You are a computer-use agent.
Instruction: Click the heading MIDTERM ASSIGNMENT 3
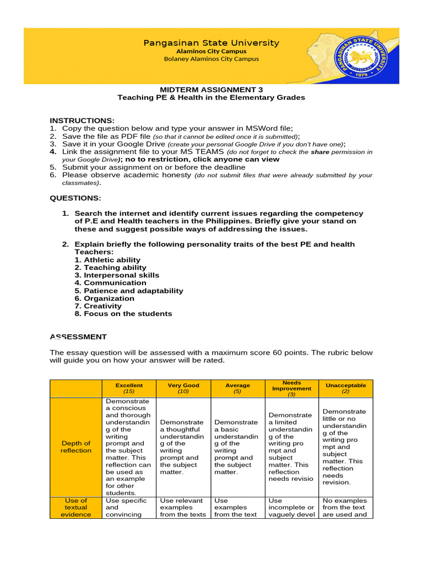tap(211, 89)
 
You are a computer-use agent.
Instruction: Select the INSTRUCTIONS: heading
tap(82, 120)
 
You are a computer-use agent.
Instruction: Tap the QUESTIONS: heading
tap(75, 198)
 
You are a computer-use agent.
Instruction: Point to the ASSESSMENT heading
tap(78, 337)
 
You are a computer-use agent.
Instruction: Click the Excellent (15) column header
tap(129, 388)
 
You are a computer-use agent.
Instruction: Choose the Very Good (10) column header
tap(183, 388)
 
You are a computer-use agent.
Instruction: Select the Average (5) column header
tap(237, 388)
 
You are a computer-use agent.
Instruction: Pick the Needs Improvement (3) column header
tap(291, 388)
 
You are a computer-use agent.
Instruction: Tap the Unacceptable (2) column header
tap(345, 388)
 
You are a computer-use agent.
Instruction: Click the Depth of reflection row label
tap(76, 447)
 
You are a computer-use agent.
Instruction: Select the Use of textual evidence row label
tap(76, 507)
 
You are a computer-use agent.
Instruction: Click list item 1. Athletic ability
tap(107, 260)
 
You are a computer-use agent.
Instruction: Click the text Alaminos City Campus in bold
tap(211, 51)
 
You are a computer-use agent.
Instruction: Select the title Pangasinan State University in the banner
tap(211, 42)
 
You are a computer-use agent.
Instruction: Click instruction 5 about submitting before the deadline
tap(154, 167)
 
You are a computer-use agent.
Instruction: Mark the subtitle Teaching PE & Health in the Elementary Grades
tap(211, 97)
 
